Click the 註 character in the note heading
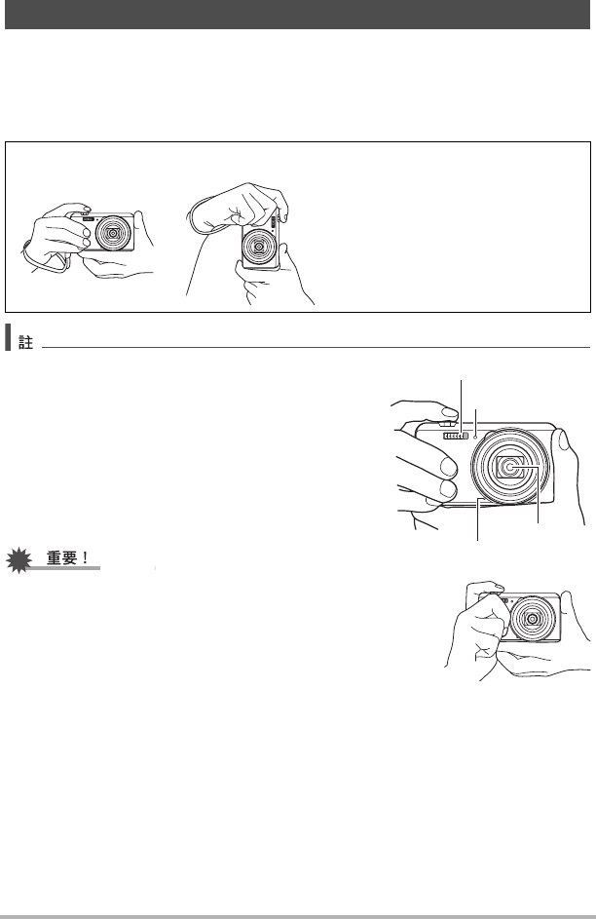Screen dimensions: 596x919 (x=25, y=342)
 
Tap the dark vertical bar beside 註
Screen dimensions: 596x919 (x=8, y=337)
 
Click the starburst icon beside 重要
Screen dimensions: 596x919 (x=19, y=559)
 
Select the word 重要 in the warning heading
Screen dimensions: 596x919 (x=61, y=558)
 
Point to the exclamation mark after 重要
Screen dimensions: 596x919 (x=86, y=558)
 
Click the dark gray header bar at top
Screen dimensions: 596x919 (x=297, y=14)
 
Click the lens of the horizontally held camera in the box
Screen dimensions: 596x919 (x=112, y=233)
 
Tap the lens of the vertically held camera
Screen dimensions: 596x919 (x=259, y=247)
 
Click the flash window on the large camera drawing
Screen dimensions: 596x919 (x=455, y=436)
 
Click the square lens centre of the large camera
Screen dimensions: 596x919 (x=510, y=467)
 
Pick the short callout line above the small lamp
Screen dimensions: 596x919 (x=476, y=421)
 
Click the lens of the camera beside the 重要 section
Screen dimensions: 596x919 (x=533, y=618)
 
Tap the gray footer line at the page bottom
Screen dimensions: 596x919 (x=298, y=917)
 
